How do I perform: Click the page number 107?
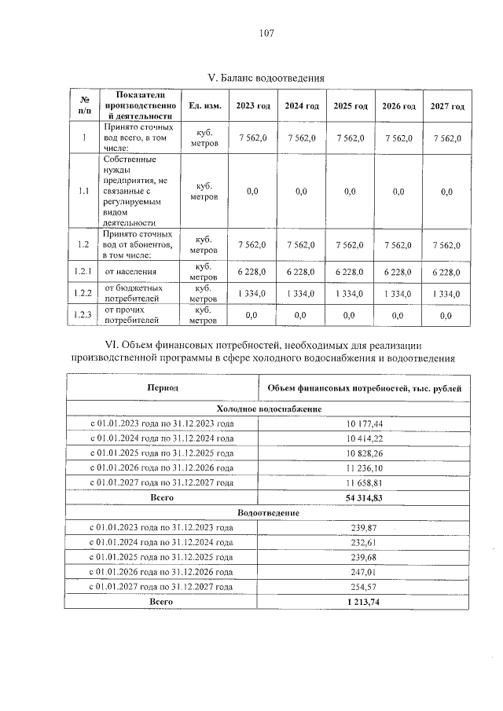coord(266,33)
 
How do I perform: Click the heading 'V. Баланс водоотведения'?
coord(266,78)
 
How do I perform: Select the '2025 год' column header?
coord(350,106)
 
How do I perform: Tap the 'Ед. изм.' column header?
coord(205,106)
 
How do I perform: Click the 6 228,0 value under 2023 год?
coord(253,272)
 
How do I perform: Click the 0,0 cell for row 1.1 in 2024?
coord(301,192)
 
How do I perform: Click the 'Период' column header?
coord(163,388)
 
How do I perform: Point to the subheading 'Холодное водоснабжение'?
coord(267,409)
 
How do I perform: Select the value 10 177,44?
coord(364,424)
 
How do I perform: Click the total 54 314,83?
coord(364,498)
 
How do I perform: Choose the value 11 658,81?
coord(364,483)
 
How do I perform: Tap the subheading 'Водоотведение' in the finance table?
coord(267,512)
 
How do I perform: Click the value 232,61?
coord(364,542)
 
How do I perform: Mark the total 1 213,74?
coord(364,601)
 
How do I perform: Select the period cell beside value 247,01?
coord(162,572)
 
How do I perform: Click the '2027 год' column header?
coord(446,106)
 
